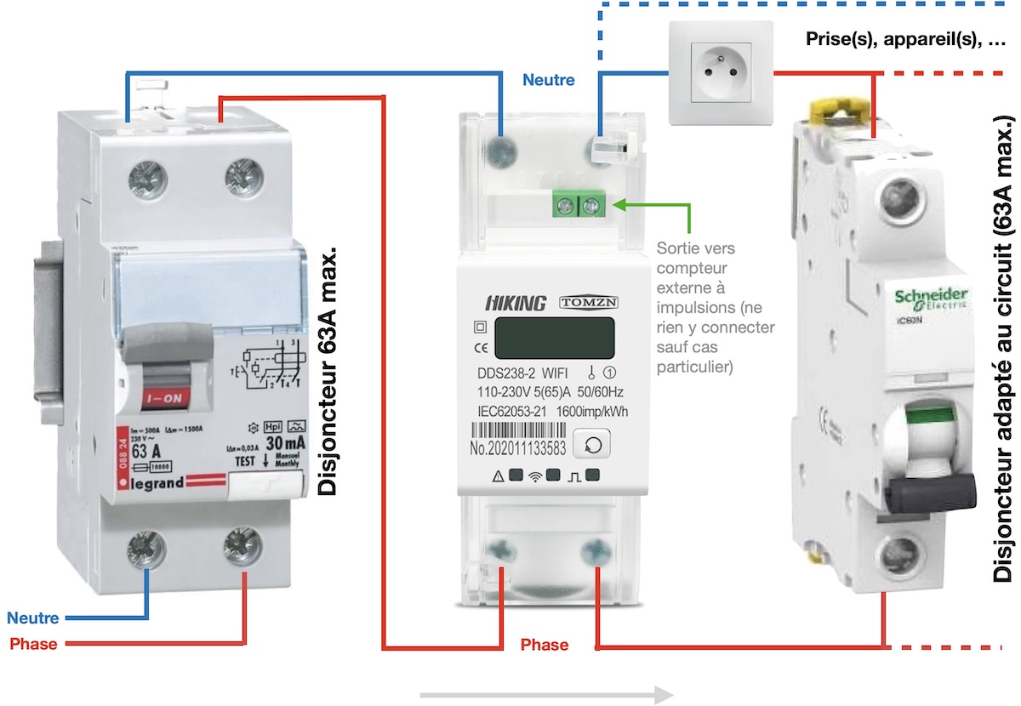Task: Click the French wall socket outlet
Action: click(x=720, y=72)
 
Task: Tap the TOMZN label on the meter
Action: click(x=587, y=303)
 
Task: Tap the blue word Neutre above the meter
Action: click(x=548, y=81)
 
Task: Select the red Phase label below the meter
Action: click(x=544, y=645)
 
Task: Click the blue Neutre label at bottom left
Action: click(x=32, y=618)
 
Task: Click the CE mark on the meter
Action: click(x=478, y=346)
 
